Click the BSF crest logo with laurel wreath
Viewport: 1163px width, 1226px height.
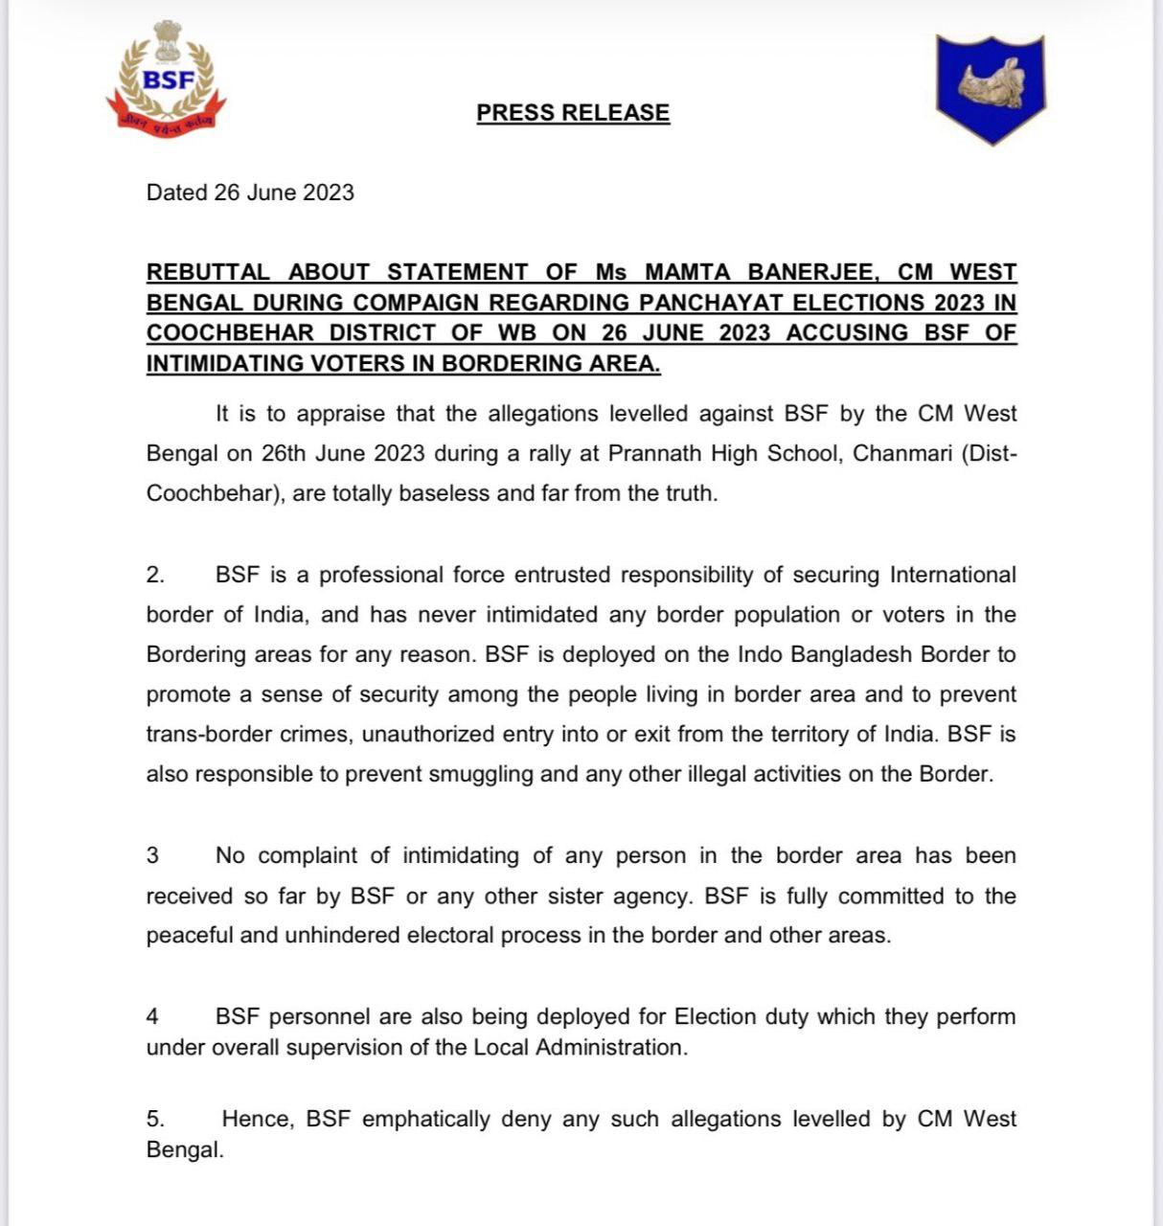(167, 79)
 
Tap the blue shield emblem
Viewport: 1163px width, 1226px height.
(990, 88)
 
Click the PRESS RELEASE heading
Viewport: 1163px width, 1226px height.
(573, 113)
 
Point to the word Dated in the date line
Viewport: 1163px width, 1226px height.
(177, 193)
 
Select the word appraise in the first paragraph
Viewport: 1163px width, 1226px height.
(361, 414)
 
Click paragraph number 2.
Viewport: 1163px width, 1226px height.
(154, 575)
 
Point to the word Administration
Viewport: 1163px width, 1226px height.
(609, 1048)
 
